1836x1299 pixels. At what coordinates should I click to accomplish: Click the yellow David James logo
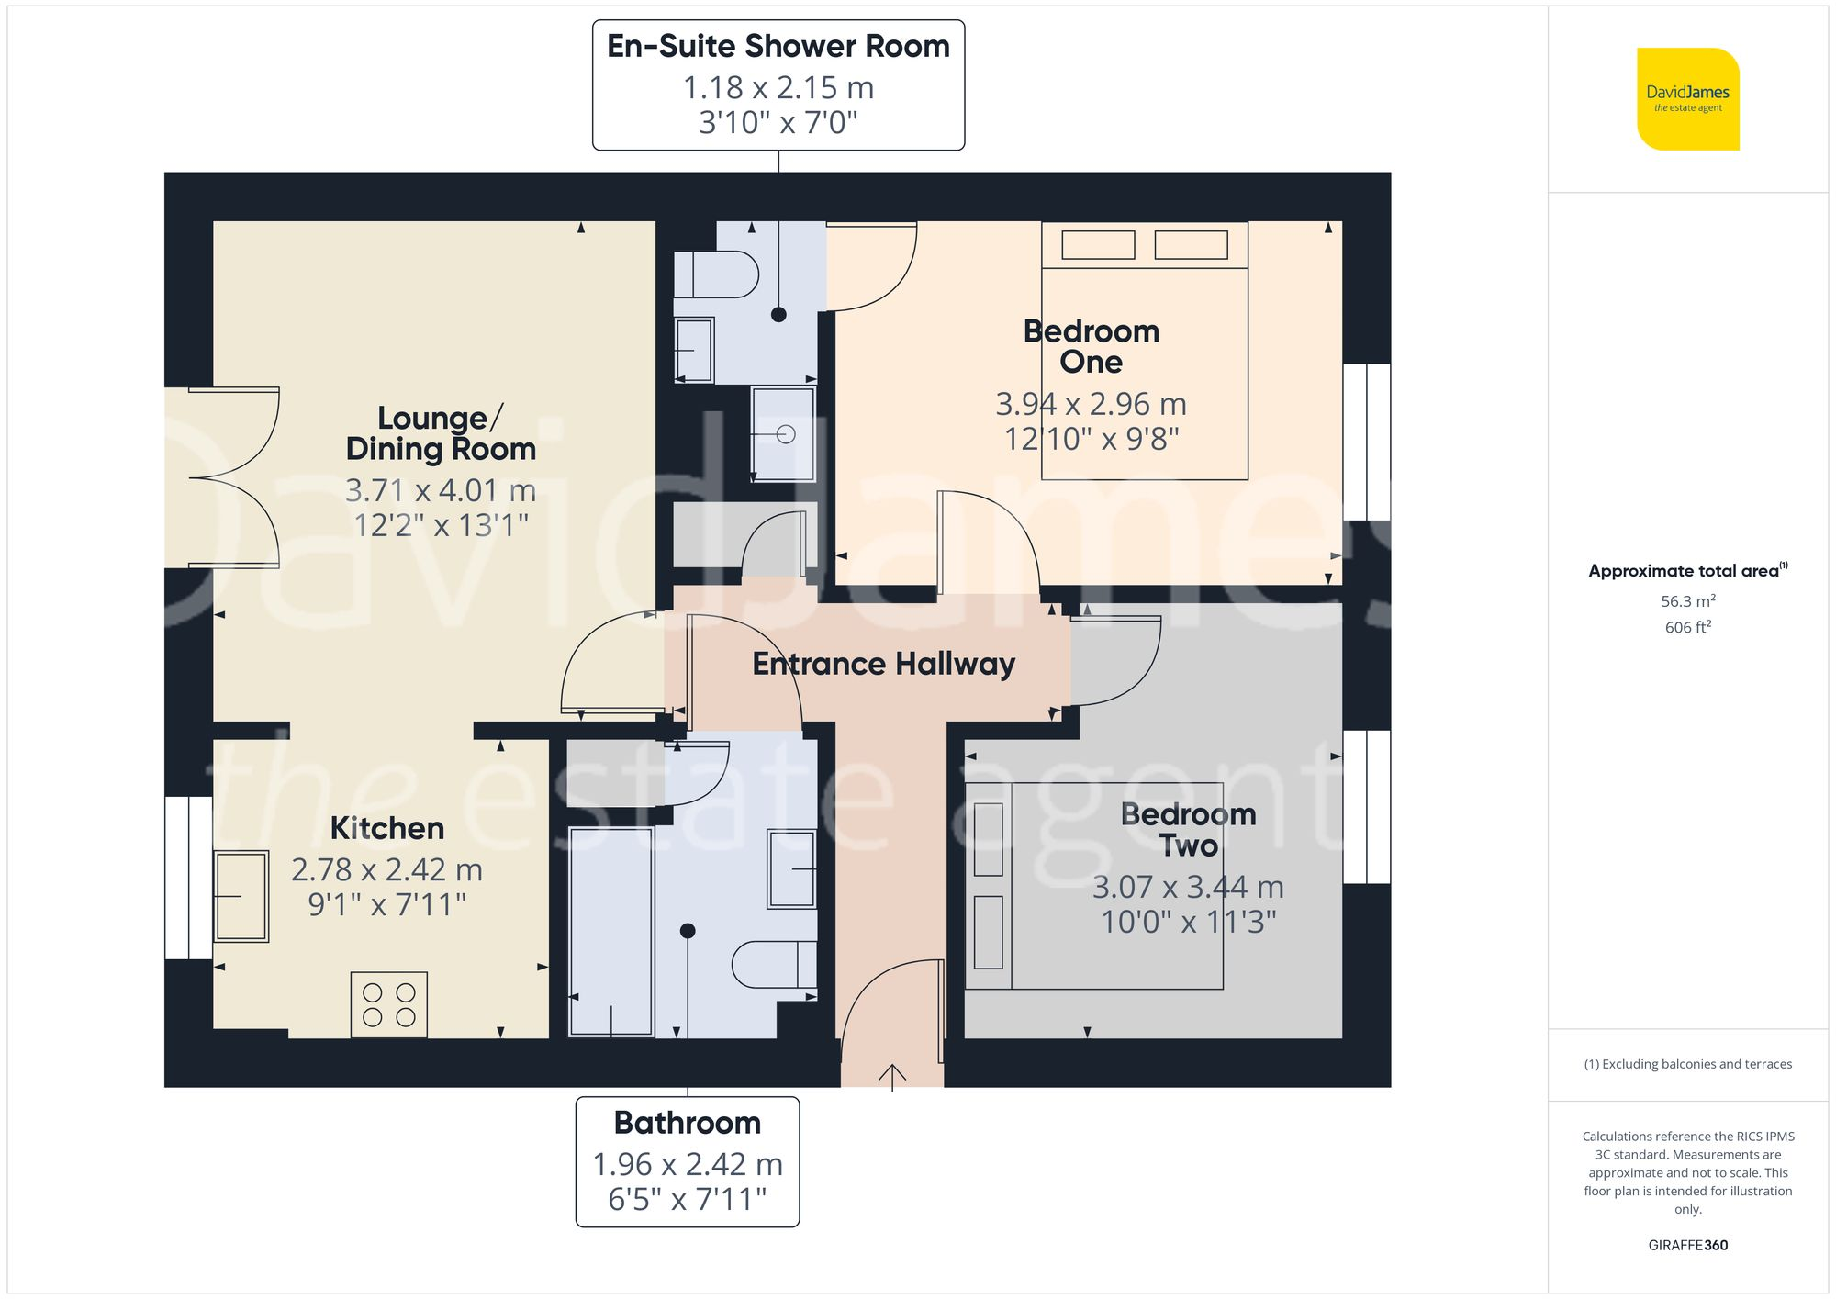[1687, 99]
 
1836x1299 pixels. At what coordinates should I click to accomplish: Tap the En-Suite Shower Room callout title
[778, 46]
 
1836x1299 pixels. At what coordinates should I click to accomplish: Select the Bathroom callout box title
[687, 1123]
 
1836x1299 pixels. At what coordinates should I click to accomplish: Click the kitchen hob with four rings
[388, 1004]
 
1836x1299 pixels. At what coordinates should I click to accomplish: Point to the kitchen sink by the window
[241, 896]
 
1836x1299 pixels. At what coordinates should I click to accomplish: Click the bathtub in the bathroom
[611, 931]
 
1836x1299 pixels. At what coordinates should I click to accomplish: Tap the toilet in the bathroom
[773, 965]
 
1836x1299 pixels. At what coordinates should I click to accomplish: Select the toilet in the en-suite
[717, 274]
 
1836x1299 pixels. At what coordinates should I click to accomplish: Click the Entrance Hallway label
[883, 664]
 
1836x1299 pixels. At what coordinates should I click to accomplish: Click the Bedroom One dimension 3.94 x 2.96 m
[1091, 404]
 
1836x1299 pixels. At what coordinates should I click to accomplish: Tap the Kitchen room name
[387, 828]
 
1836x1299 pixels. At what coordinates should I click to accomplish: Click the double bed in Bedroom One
[1144, 367]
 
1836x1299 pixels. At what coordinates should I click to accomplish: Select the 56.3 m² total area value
[1687, 601]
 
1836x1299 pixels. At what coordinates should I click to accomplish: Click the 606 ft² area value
[1687, 627]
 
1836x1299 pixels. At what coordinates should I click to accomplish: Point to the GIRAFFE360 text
[1687, 1245]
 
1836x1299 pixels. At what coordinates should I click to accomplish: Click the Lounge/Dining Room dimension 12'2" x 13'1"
[441, 525]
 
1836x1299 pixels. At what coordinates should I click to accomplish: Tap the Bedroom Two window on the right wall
[1366, 807]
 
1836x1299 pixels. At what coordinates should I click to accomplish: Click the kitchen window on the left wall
[189, 878]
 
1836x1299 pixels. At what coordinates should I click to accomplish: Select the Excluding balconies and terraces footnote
[1687, 1064]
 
